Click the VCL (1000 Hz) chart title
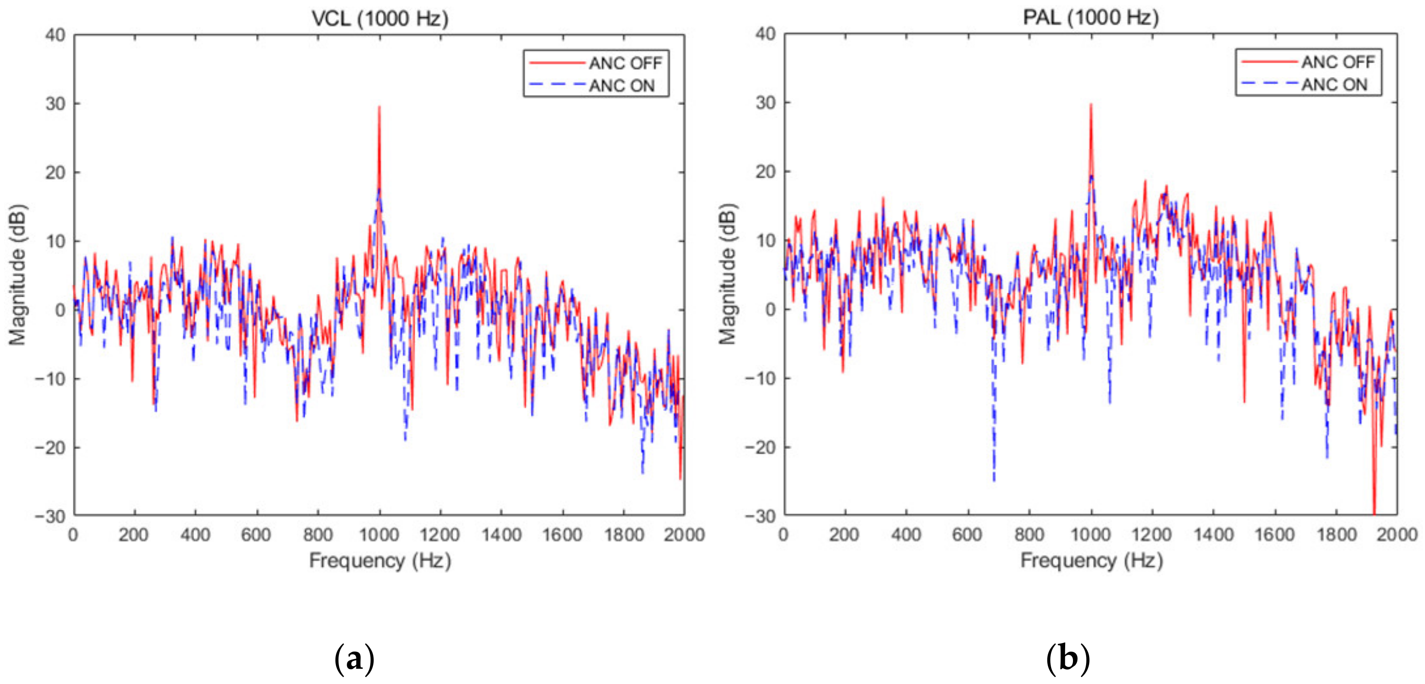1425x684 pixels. click(x=379, y=18)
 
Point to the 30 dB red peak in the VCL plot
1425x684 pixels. click(x=379, y=108)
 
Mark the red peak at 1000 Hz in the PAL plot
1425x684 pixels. click(x=1090, y=105)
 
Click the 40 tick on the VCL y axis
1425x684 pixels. click(x=55, y=35)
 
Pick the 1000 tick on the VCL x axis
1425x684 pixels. click(x=379, y=535)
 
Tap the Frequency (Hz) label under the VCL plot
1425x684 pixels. click(x=379, y=560)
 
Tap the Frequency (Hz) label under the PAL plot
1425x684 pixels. click(x=1091, y=560)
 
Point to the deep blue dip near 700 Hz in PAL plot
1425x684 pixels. click(x=994, y=478)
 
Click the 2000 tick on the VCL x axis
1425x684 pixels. click(x=684, y=535)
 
